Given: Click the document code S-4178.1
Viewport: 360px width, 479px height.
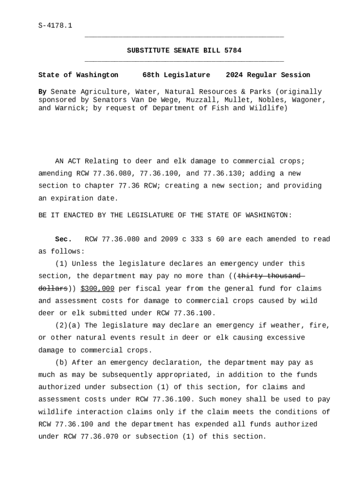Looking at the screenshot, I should click(x=55, y=25).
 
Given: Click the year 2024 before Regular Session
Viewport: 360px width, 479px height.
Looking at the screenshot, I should click(x=234, y=75).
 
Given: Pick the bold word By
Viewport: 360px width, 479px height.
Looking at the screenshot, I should click(x=42, y=92).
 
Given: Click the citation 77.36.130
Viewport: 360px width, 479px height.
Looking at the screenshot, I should click(x=220, y=174).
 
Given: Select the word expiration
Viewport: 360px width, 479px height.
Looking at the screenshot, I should click(x=72, y=198).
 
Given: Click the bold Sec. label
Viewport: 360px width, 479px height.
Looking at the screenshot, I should click(x=63, y=239).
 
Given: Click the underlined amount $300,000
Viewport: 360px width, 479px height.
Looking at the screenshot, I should click(x=97, y=289).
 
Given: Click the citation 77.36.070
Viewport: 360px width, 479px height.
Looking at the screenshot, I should click(x=100, y=436).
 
